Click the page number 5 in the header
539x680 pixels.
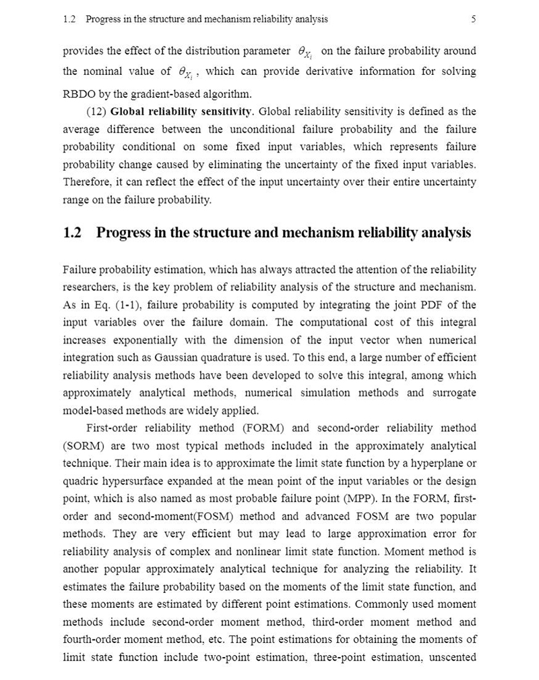[x=474, y=20]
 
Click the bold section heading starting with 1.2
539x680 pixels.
[x=267, y=233]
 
